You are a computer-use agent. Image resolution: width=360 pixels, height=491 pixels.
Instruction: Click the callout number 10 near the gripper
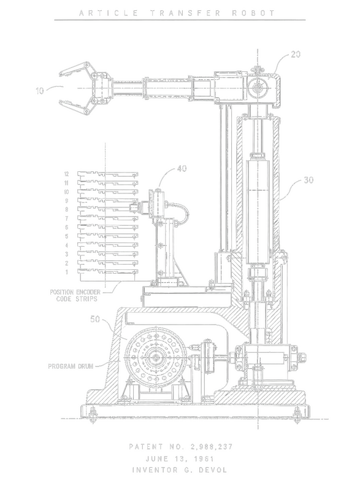pos(40,91)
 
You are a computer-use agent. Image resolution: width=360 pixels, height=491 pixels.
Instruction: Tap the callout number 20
pos(296,54)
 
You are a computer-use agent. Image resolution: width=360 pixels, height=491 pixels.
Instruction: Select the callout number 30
pos(308,180)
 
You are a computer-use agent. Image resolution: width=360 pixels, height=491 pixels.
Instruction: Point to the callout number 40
pos(182,168)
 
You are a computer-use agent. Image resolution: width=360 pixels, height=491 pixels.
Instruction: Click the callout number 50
pos(95,319)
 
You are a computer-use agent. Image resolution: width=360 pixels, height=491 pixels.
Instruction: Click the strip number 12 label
pos(66,174)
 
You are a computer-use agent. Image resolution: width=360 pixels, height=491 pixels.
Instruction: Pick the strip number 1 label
pos(67,272)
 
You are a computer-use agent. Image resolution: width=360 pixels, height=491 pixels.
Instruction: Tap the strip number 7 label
pos(67,218)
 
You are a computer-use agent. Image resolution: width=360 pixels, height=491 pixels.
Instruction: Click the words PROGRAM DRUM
pos(71,366)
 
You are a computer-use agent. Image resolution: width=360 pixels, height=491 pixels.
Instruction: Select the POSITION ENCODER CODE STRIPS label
pos(75,295)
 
